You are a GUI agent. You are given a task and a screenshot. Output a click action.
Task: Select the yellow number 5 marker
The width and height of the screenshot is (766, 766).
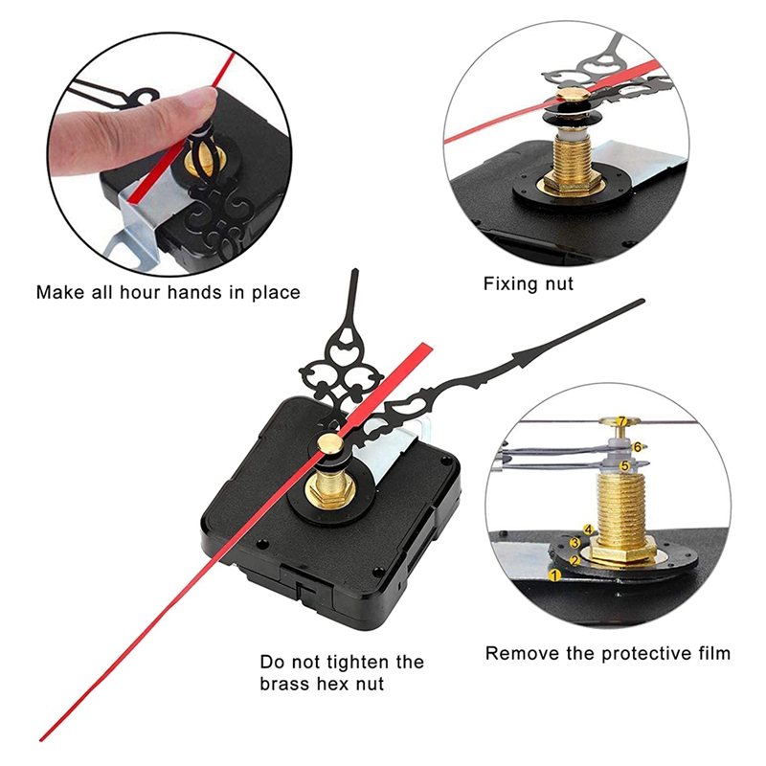coord(624,465)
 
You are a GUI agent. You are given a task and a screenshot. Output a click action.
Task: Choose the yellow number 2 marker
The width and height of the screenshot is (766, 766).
coord(574,559)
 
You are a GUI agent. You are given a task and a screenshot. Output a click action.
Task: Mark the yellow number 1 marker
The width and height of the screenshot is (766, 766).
coord(554,574)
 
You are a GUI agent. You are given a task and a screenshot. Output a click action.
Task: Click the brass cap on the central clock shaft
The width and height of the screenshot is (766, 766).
coord(328,442)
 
